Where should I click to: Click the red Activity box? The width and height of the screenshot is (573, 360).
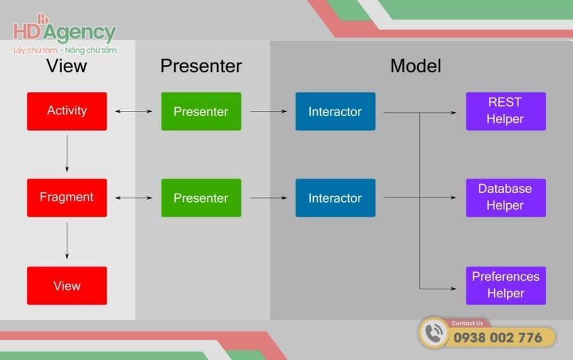click(x=67, y=112)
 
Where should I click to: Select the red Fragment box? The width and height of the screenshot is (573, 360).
click(x=67, y=198)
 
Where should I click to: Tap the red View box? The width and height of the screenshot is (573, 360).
click(x=67, y=285)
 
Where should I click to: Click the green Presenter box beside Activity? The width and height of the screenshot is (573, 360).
click(x=201, y=112)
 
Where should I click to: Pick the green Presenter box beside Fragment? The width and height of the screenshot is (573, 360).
click(x=201, y=198)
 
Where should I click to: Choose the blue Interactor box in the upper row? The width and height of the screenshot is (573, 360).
click(x=336, y=112)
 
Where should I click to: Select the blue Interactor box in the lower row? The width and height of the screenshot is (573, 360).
click(x=336, y=198)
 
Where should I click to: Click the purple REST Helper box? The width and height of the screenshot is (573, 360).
click(x=506, y=112)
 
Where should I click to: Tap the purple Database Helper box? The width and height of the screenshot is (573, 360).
click(x=506, y=198)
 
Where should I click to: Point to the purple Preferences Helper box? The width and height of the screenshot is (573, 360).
click(x=506, y=285)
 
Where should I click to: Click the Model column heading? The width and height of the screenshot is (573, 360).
click(x=416, y=66)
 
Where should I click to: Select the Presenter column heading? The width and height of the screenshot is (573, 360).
click(x=201, y=66)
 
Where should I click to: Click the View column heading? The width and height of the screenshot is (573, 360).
click(x=67, y=66)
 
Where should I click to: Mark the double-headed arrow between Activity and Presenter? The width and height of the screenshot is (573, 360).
click(x=134, y=112)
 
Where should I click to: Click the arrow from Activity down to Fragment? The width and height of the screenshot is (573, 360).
click(x=67, y=154)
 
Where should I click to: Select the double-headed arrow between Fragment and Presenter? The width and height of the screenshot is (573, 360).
click(x=134, y=198)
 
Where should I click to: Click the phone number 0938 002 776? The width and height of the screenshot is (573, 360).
click(x=497, y=338)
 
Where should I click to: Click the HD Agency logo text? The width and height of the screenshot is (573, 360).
click(x=65, y=32)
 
